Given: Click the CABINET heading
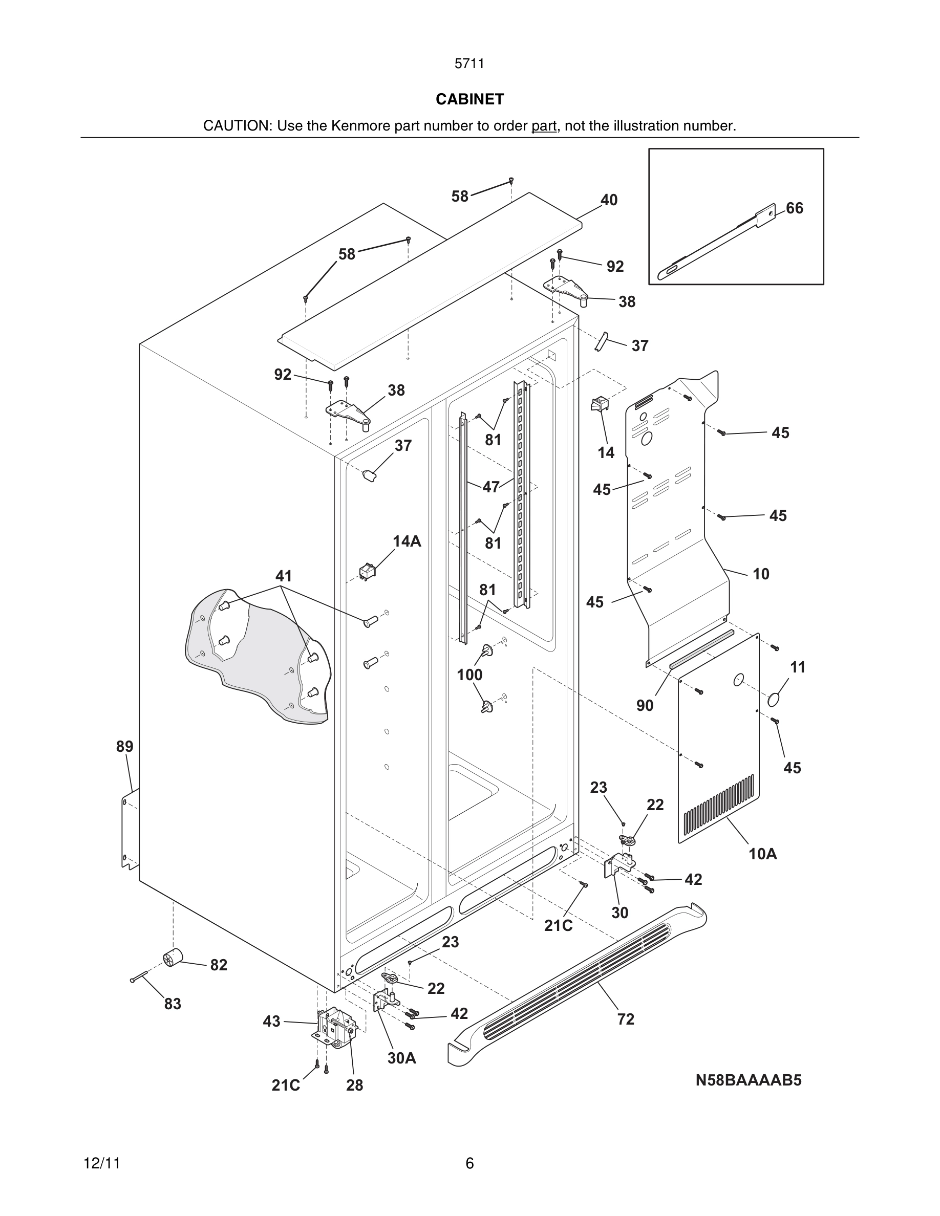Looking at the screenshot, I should coord(469,99).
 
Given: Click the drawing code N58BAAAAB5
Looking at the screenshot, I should coord(748,1081).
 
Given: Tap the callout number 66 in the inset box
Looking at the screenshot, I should coord(794,208).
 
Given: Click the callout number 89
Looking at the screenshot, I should coord(125,747).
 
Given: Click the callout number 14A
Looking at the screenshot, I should coord(407,541).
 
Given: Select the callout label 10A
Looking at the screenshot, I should coord(762,854).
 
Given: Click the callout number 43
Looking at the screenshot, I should coord(271,1022).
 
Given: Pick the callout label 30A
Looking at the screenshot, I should coord(401,1058).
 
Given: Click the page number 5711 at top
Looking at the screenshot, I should coord(469,64).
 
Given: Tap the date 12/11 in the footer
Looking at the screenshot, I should coord(102,1164).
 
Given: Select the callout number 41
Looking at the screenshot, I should coord(284,576).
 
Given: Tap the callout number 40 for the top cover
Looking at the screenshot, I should coord(609,200).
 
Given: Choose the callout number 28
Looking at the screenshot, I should coord(354,1085).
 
